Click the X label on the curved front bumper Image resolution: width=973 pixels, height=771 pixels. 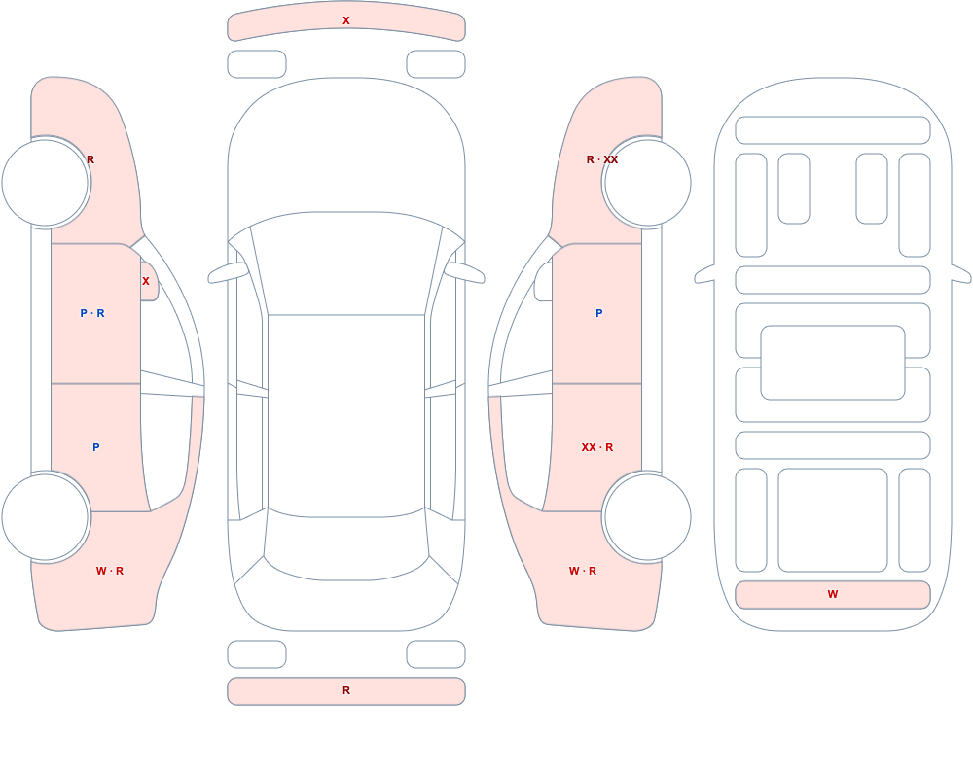pos(346,20)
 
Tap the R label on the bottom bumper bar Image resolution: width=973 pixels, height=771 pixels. pos(346,690)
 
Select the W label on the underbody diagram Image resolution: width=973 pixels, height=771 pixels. pos(833,594)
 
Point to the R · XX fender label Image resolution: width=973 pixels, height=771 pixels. pos(602,159)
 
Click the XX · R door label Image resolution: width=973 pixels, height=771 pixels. pos(597,447)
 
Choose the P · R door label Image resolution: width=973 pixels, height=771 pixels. pos(92,313)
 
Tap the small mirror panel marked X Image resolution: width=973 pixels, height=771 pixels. pos(148,282)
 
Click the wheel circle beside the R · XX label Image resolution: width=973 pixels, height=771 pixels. pos(647,183)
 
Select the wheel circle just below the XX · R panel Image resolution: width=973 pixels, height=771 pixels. pos(647,516)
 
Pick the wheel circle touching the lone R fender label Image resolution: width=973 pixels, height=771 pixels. pos(46,183)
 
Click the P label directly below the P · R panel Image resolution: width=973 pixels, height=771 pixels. pos(95,447)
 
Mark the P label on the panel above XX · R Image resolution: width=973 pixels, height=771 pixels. pos(598,313)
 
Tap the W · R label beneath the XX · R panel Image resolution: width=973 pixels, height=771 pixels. pos(583,571)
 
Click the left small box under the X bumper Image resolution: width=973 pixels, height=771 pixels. pos(257,64)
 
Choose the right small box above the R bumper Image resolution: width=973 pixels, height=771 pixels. pos(436,654)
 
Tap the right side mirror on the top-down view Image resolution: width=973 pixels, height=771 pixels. pos(465,272)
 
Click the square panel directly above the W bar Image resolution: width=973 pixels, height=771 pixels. pos(833,520)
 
